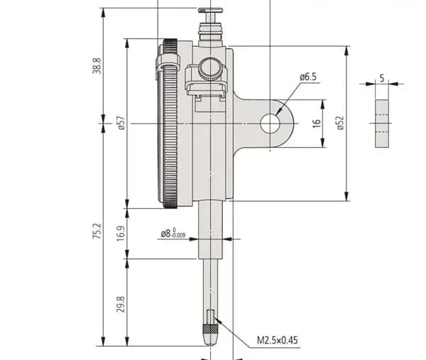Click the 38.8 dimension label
[97, 65]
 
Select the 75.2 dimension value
[97, 231]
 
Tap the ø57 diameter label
[121, 123]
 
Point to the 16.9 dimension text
[121, 233]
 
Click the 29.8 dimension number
[121, 305]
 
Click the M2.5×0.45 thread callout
[277, 340]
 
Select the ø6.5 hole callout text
[308, 77]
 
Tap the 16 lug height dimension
[316, 123]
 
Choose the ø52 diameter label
[340, 123]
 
